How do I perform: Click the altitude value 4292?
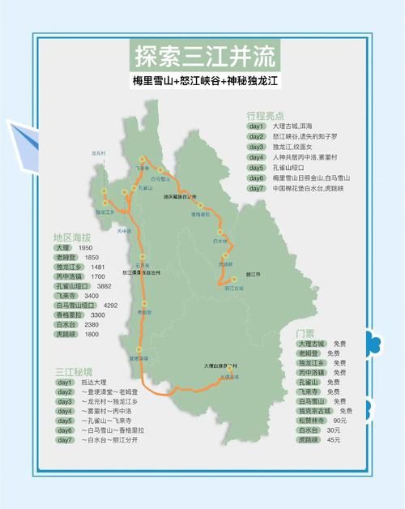pyautogui.click(x=111, y=306)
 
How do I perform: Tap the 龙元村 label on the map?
pyautogui.click(x=99, y=152)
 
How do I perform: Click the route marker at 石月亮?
pyautogui.click(x=142, y=256)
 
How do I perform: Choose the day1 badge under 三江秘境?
pyautogui.click(x=65, y=382)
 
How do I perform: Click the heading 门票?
pyautogui.click(x=306, y=333)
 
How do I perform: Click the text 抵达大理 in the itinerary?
pyautogui.click(x=94, y=382)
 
